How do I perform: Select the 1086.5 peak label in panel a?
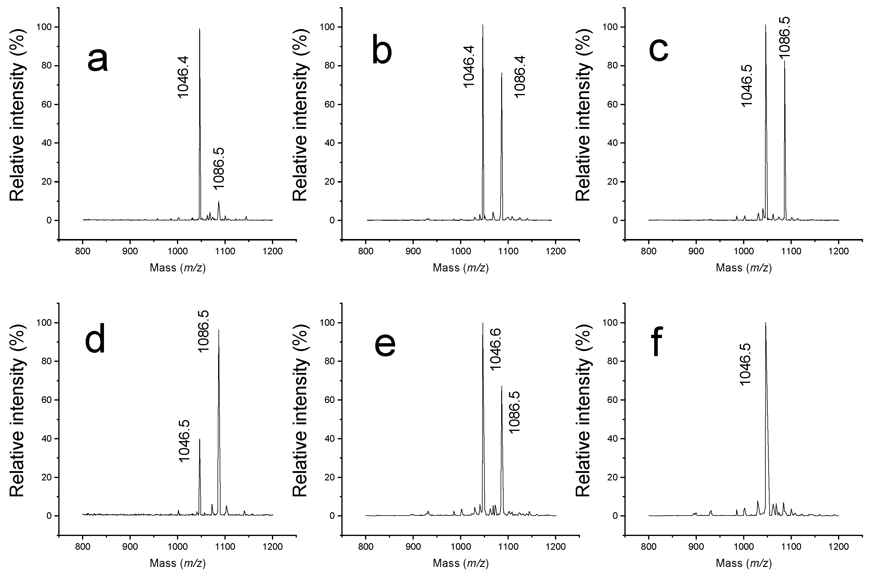(x=219, y=168)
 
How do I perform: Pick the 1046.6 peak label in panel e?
(x=495, y=349)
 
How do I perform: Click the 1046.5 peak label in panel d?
(x=185, y=441)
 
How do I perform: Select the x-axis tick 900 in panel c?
(x=696, y=251)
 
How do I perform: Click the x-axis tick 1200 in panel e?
(x=555, y=547)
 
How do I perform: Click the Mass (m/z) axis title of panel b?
(x=460, y=268)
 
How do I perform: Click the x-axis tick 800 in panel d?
(x=83, y=547)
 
